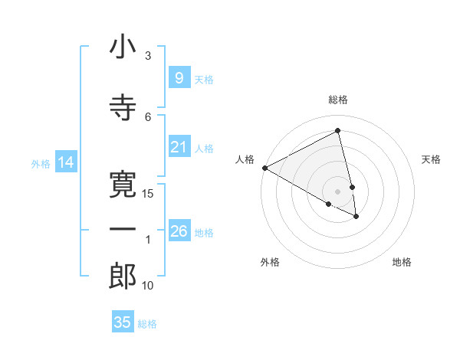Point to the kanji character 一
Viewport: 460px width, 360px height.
coord(123,230)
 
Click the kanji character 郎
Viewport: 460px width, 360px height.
coord(123,276)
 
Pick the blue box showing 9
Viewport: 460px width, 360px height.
coord(179,78)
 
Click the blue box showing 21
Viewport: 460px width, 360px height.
coord(179,147)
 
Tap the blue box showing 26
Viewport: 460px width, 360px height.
coord(179,231)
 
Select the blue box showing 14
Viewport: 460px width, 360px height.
coord(65,162)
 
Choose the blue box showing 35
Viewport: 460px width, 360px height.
coord(123,322)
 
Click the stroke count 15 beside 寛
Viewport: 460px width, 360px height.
coord(149,194)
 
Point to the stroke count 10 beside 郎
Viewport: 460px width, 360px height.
coord(149,286)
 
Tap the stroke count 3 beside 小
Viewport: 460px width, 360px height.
coord(148,56)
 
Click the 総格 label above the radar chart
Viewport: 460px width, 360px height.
coord(338,100)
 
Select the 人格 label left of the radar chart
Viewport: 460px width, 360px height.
coord(245,159)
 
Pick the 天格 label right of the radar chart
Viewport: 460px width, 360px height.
coord(432,159)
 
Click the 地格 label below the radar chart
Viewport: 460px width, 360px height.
coord(402,262)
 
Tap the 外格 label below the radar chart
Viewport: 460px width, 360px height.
coord(270,262)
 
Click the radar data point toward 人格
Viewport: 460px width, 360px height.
coord(264,168)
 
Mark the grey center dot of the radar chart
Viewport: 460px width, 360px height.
coord(338,191)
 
